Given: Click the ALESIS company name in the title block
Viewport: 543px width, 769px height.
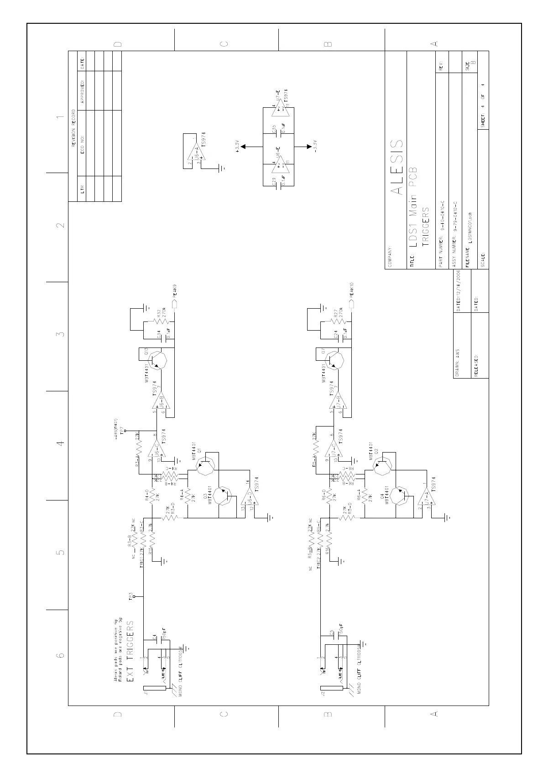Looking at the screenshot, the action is (x=397, y=167).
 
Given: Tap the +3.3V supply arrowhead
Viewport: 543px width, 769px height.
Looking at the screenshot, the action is (x=243, y=147).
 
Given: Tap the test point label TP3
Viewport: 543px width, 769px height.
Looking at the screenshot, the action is (x=131, y=597).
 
